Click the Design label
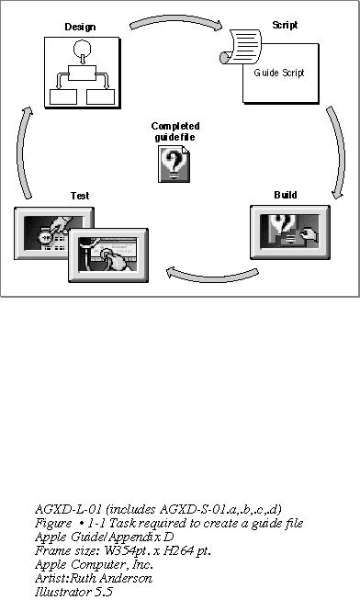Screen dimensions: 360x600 click(x=80, y=27)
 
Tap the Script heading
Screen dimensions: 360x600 click(x=285, y=25)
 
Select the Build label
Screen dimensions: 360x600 click(x=286, y=195)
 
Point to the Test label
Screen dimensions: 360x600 click(x=80, y=196)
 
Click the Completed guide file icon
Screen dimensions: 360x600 click(x=174, y=164)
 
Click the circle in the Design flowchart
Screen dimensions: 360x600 click(x=82, y=49)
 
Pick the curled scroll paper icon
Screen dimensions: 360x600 click(x=241, y=46)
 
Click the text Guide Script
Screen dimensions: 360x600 click(x=279, y=73)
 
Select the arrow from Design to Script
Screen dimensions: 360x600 click(x=176, y=21)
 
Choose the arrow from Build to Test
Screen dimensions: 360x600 click(x=212, y=277)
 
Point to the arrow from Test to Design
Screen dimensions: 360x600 click(x=21, y=153)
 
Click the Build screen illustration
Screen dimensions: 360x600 click(x=290, y=232)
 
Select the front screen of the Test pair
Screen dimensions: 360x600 click(x=108, y=255)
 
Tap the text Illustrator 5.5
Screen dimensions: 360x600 click(x=73, y=592)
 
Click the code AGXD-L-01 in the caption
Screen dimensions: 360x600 click(x=68, y=509)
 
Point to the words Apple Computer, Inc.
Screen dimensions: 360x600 click(x=94, y=564)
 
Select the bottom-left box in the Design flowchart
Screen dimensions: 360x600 click(x=63, y=96)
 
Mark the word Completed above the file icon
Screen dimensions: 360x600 click(x=175, y=126)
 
